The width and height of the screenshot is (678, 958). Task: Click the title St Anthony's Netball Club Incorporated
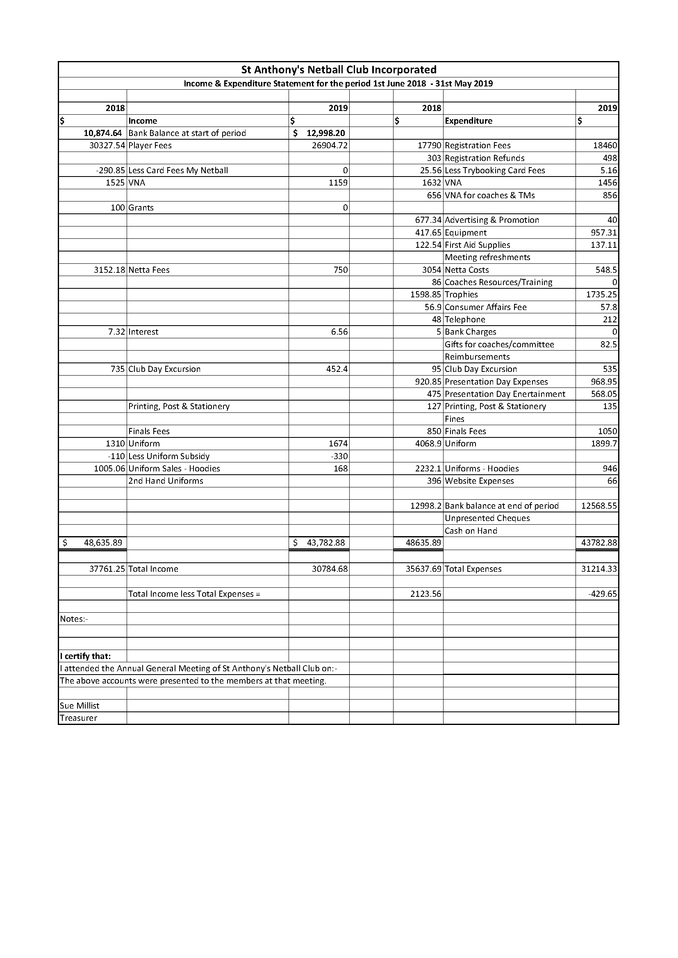(x=339, y=70)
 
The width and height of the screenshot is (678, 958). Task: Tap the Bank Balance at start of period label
(x=187, y=133)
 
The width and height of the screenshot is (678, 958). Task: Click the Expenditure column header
(x=469, y=121)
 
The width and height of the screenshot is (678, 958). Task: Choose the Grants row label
(x=141, y=208)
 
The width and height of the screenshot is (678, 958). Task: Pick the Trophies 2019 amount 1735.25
(x=601, y=294)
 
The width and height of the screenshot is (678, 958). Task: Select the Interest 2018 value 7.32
(x=116, y=332)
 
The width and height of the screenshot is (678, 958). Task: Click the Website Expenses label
(x=479, y=481)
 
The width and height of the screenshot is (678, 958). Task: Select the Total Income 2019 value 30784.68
(x=330, y=569)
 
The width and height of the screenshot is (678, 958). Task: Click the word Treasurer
(x=78, y=718)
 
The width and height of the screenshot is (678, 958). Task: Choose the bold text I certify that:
(x=85, y=656)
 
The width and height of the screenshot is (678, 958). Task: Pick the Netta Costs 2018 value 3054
(x=431, y=270)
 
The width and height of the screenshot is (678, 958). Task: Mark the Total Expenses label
(x=473, y=569)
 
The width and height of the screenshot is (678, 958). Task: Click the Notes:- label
(x=73, y=619)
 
